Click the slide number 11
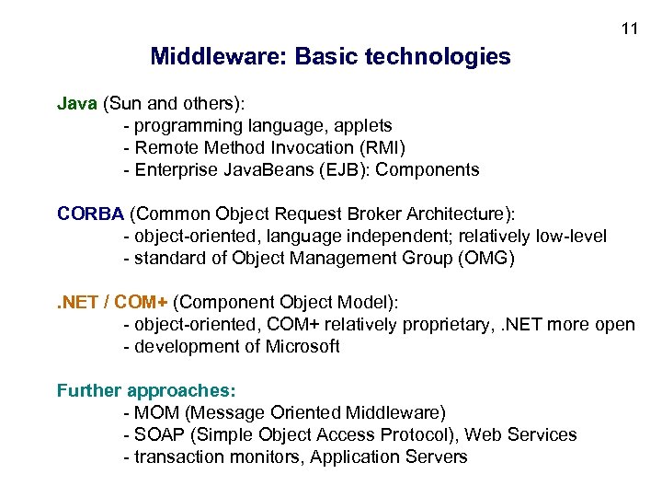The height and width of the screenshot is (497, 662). [629, 29]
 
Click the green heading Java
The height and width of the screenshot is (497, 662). [77, 103]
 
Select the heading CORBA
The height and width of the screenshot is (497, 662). [90, 214]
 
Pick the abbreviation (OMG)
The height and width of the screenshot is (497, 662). [485, 258]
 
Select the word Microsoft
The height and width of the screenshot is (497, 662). [302, 346]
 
